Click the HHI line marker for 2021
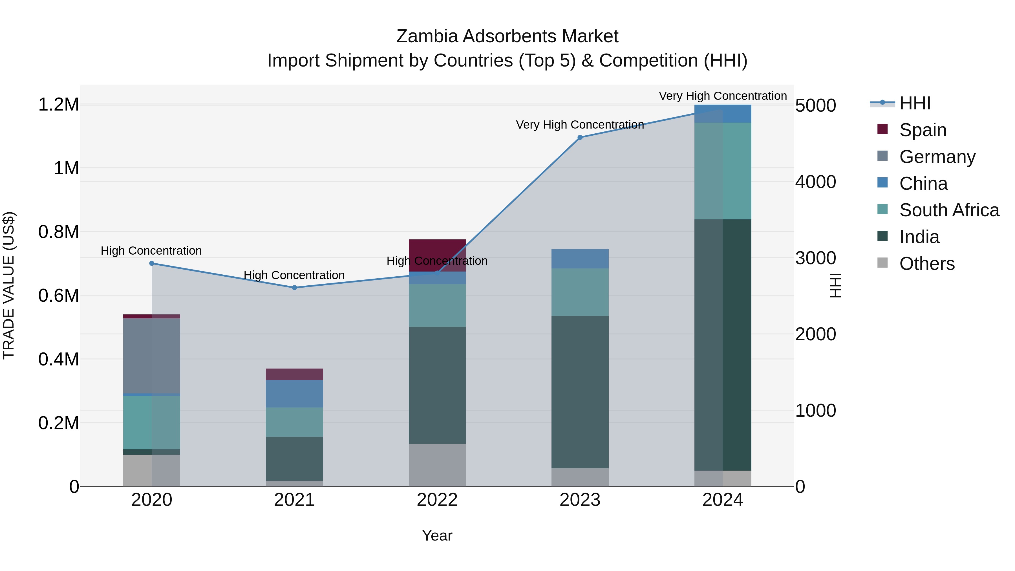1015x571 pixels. point(294,288)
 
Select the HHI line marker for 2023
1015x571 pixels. point(580,138)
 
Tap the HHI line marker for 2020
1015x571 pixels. point(152,263)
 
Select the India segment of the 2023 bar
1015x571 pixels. point(580,392)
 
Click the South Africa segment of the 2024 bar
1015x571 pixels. point(723,171)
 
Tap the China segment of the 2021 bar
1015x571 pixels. point(294,394)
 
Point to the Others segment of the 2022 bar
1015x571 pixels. point(437,465)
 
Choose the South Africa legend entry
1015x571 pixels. point(949,210)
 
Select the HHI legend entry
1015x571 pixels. point(915,103)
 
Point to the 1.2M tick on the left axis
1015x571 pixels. point(59,105)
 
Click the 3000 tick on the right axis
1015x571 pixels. point(815,258)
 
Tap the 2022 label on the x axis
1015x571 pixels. point(437,500)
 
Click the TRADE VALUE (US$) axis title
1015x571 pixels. point(9,285)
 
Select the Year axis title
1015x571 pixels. point(437,535)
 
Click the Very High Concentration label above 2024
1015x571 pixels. point(723,96)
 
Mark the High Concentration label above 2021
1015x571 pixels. point(294,275)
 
